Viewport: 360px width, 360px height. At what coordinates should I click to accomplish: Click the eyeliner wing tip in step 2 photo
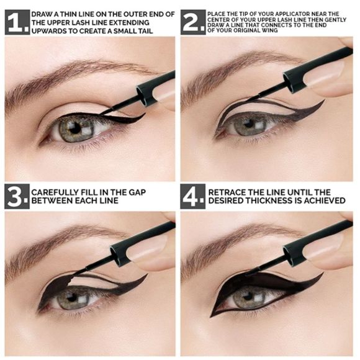pyautogui.click(x=323, y=102)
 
